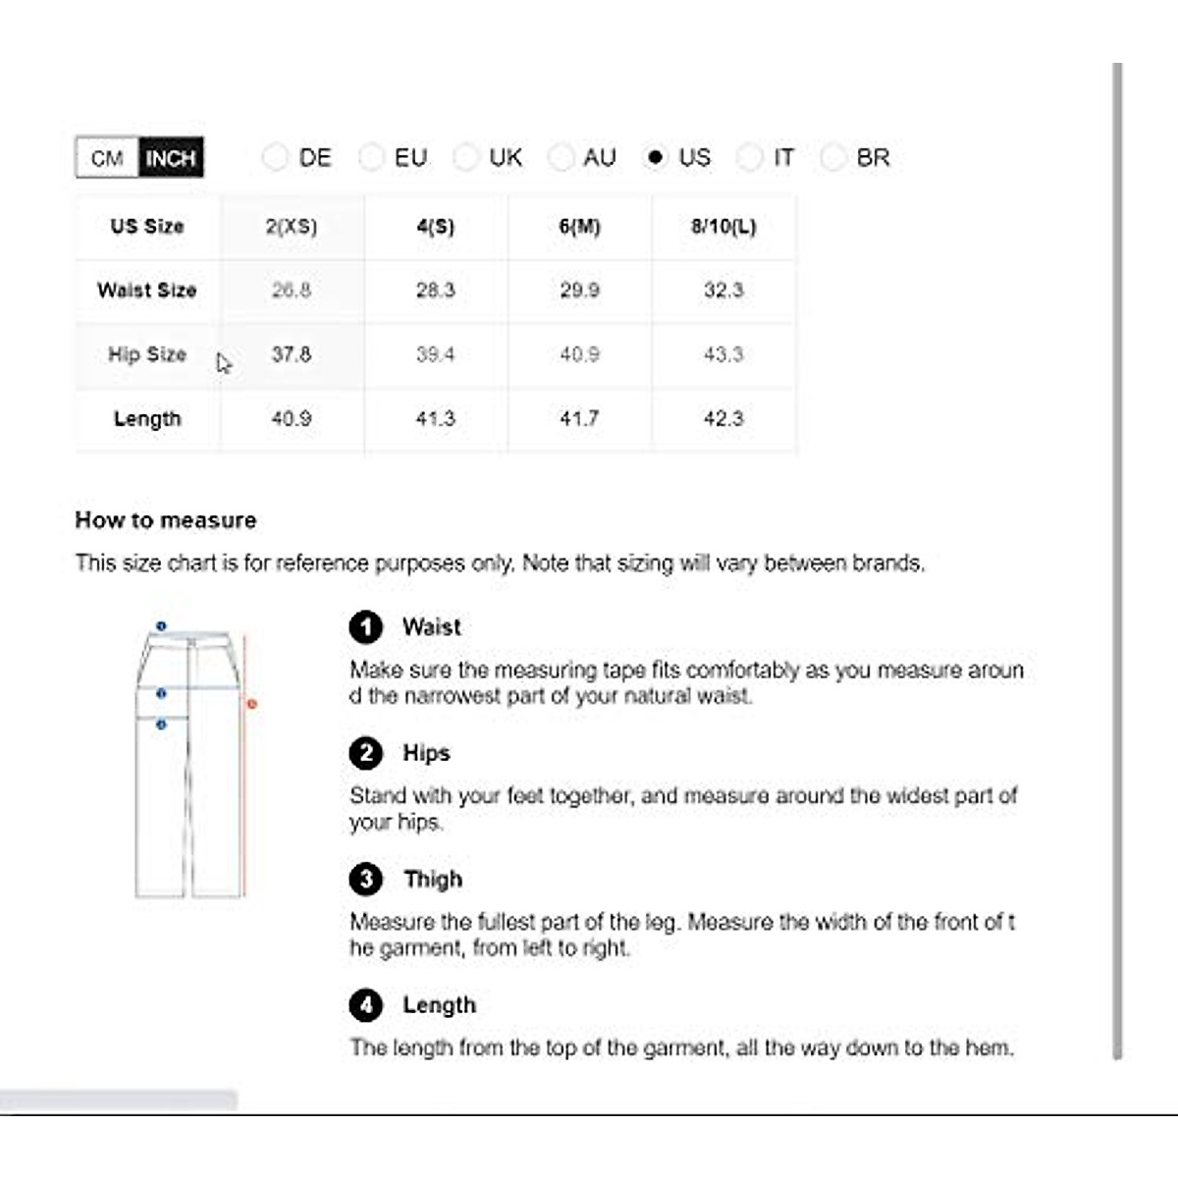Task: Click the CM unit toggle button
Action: point(107,158)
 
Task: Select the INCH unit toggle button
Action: point(171,158)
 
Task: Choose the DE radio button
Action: point(276,157)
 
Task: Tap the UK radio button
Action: point(466,157)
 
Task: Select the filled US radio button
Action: point(656,157)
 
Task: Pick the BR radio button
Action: point(833,157)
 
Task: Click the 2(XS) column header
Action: point(292,227)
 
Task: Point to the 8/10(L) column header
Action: point(723,227)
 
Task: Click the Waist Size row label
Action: point(147,291)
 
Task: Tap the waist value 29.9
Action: point(579,291)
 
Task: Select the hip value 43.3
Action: point(723,354)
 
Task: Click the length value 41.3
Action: point(435,419)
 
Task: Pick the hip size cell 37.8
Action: point(292,354)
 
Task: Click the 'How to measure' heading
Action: point(166,520)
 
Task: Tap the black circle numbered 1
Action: point(366,627)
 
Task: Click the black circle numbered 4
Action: point(366,1005)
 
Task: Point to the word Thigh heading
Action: point(433,880)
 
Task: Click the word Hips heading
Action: point(426,753)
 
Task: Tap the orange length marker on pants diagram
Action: point(252,704)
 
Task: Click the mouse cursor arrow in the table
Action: point(224,363)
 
